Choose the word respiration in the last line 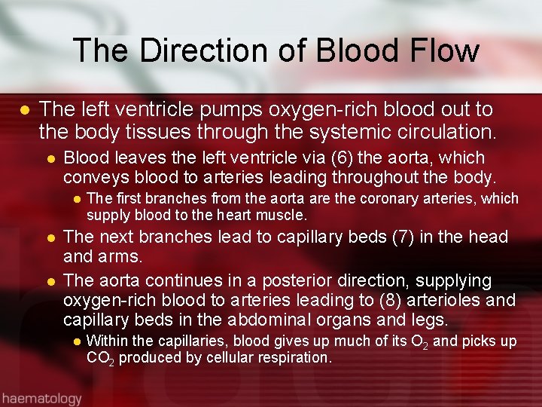(x=294, y=358)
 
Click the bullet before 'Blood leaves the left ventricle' (x=50, y=159)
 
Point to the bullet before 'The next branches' (x=50, y=237)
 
